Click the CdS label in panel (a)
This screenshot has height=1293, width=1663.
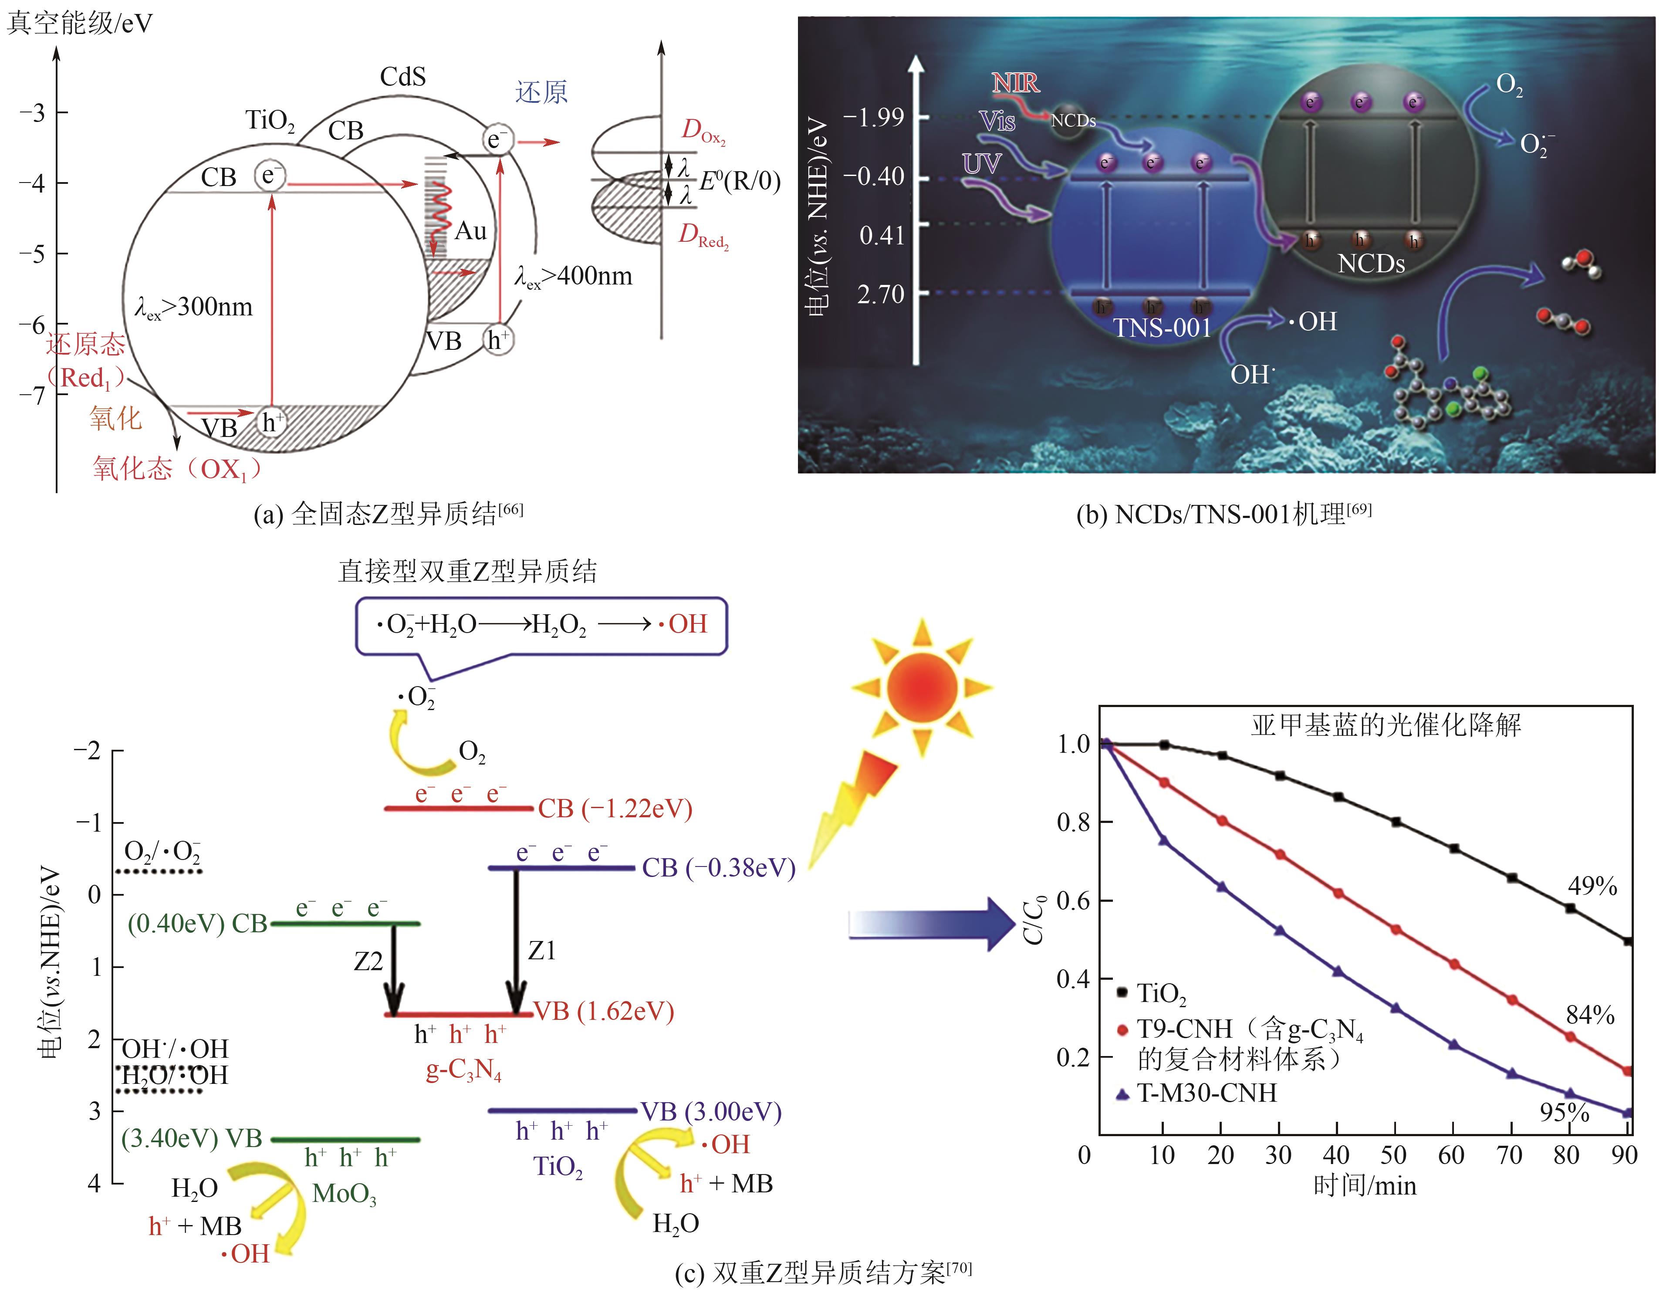click(x=403, y=77)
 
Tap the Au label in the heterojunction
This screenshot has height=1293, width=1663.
click(x=470, y=231)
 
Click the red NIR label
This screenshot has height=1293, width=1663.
click(x=1015, y=82)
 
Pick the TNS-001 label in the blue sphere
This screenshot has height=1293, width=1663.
click(x=1162, y=328)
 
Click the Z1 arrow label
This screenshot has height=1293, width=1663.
click(x=542, y=950)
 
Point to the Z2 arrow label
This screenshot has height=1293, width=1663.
click(x=368, y=962)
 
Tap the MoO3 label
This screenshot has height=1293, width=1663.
click(x=344, y=1193)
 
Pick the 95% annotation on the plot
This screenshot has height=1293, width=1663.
click(x=1564, y=1113)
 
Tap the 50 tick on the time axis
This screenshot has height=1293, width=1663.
click(x=1393, y=1155)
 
